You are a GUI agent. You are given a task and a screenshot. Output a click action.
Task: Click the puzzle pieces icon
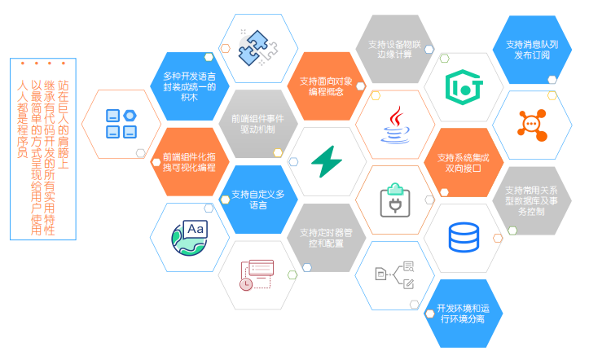[x=257, y=48]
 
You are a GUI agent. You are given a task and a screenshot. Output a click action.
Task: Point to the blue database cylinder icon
[x=464, y=237]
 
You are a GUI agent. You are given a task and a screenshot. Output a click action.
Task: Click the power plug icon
[x=395, y=200]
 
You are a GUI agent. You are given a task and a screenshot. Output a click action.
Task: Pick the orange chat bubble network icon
[x=531, y=124]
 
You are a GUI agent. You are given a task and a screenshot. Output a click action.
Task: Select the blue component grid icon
[x=121, y=123]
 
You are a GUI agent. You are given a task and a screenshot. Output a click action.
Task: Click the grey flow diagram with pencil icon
[x=395, y=274]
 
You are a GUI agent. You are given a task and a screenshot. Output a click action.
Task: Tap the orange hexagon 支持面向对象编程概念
[x=326, y=86]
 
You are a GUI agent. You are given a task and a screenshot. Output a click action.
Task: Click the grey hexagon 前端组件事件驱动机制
[x=257, y=123]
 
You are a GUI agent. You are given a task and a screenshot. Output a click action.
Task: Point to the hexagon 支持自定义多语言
[x=257, y=199]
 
